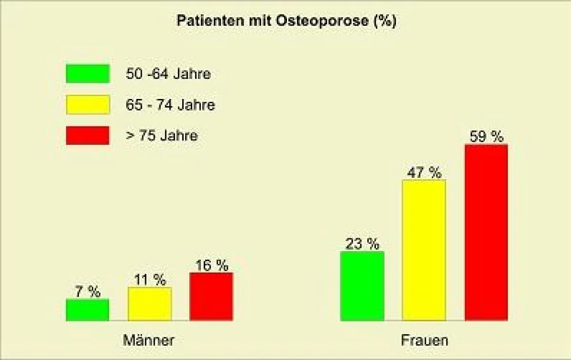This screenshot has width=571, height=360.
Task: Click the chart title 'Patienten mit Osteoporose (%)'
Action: click(286, 21)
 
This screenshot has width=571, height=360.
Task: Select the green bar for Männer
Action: click(88, 310)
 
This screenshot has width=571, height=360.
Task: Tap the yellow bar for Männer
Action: click(149, 304)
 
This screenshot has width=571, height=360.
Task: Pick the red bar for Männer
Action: click(211, 297)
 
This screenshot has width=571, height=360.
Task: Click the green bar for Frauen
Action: click(362, 286)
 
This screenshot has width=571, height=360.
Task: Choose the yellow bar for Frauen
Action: click(424, 250)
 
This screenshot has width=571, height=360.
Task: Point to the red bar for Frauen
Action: click(486, 233)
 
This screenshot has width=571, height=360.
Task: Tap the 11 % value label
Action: click(150, 280)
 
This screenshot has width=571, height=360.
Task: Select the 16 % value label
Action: click(212, 265)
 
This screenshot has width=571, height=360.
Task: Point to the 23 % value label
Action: click(363, 244)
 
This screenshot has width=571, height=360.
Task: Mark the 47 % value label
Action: click(424, 173)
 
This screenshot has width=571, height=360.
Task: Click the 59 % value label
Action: click(486, 137)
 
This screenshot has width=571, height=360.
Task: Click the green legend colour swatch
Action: click(88, 74)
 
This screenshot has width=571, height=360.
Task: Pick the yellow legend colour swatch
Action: click(88, 105)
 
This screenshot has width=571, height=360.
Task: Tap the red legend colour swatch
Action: click(88, 136)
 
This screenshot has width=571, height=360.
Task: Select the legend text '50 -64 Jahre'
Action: click(168, 74)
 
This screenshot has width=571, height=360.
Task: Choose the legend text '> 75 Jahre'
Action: click(161, 136)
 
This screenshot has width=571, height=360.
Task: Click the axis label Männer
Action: click(148, 341)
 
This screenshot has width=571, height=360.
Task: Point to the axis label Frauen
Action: click(424, 341)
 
